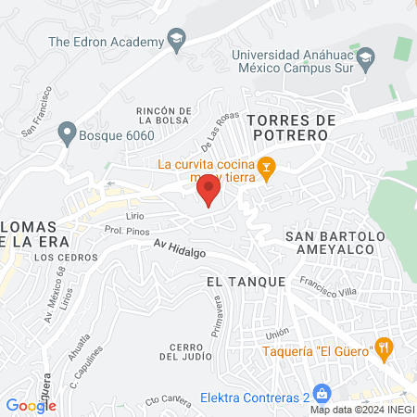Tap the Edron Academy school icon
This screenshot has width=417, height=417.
click(175, 39)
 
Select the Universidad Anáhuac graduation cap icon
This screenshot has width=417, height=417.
click(366, 57)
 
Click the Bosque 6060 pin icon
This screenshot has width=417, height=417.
click(66, 133)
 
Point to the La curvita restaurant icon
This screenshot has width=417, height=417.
click(267, 167)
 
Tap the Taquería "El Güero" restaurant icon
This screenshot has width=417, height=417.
click(385, 348)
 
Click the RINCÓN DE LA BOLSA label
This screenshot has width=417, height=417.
click(165, 116)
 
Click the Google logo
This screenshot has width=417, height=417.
click(31, 405)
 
